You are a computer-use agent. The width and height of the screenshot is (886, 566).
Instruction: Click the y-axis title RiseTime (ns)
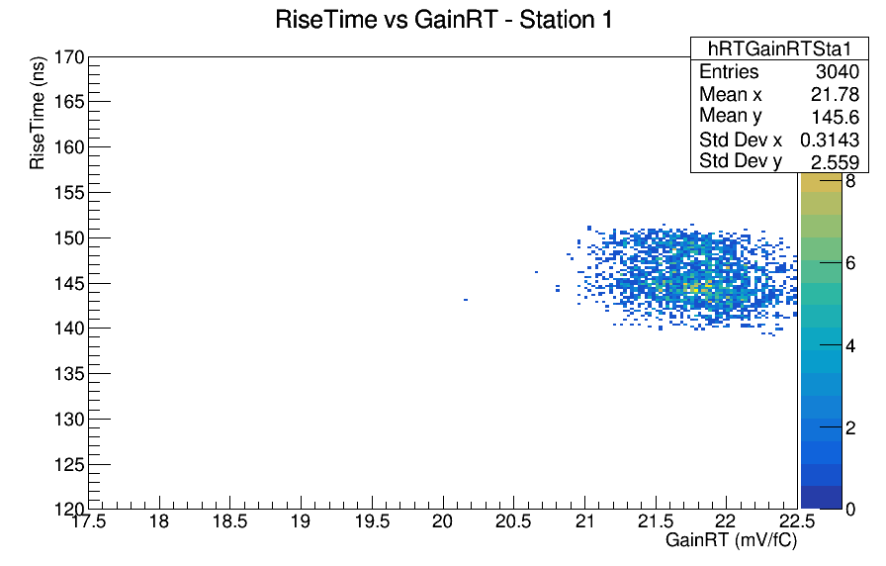(37, 113)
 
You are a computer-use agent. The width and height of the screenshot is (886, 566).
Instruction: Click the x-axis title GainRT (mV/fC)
(731, 540)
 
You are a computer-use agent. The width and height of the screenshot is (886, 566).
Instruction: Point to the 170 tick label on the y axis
(69, 57)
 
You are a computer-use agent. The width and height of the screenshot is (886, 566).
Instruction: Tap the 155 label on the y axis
(69, 193)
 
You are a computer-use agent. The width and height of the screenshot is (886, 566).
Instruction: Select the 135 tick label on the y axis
(69, 374)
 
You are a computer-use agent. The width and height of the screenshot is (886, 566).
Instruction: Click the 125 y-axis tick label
(69, 465)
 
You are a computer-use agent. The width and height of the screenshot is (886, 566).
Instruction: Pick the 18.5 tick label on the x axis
(230, 520)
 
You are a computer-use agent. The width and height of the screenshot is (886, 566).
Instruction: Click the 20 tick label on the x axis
(442, 520)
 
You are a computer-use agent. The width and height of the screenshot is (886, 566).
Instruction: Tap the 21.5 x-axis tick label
(656, 520)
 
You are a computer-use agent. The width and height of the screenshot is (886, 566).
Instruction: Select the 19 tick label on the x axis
(301, 520)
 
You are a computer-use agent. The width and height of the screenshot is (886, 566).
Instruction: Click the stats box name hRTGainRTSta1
(779, 49)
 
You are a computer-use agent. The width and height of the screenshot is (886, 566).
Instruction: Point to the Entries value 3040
(837, 72)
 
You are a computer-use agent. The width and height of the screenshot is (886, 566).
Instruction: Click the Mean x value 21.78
(835, 94)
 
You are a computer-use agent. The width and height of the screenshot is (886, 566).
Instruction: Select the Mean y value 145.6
(835, 117)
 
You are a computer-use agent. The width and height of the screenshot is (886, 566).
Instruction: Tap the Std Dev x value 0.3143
(830, 140)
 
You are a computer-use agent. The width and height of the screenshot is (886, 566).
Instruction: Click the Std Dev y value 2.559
(835, 162)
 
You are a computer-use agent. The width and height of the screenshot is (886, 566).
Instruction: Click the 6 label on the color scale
(849, 263)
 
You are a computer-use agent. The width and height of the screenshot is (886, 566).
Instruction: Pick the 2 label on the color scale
(849, 428)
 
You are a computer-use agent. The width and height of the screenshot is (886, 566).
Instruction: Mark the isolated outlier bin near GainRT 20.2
(466, 300)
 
